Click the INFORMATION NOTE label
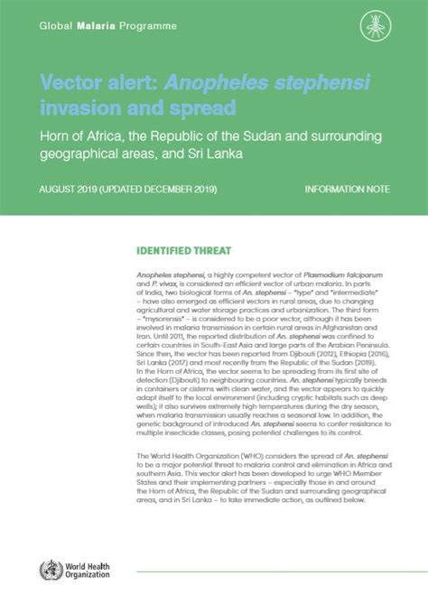346,191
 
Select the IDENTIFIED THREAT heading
184,250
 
